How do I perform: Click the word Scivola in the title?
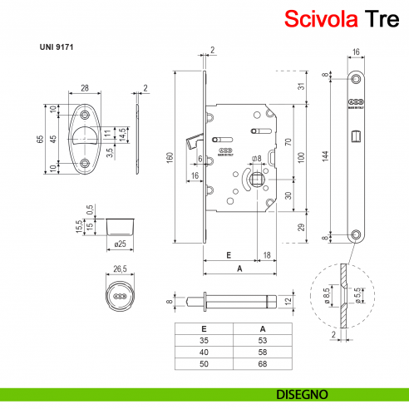tap(320, 18)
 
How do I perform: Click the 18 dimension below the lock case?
tap(266, 255)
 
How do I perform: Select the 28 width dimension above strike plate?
tap(86, 87)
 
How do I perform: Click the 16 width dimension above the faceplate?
tap(356, 52)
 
